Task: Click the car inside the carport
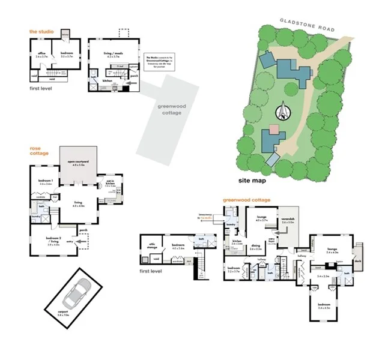76,294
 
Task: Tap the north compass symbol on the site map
282,111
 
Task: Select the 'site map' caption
252,179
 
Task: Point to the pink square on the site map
274,129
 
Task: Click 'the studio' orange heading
41,31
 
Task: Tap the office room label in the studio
42,55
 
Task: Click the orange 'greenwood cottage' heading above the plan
246,200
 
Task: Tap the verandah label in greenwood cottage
289,220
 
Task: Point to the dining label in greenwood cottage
256,246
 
